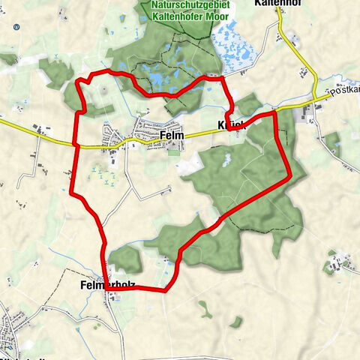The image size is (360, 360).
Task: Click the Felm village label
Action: [172, 136]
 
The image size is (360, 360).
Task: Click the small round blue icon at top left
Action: [16, 26]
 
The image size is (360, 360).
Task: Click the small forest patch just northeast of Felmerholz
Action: [126, 259]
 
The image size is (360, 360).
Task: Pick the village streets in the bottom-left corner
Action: [19, 330]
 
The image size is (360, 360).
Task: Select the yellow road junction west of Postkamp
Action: [313, 98]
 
